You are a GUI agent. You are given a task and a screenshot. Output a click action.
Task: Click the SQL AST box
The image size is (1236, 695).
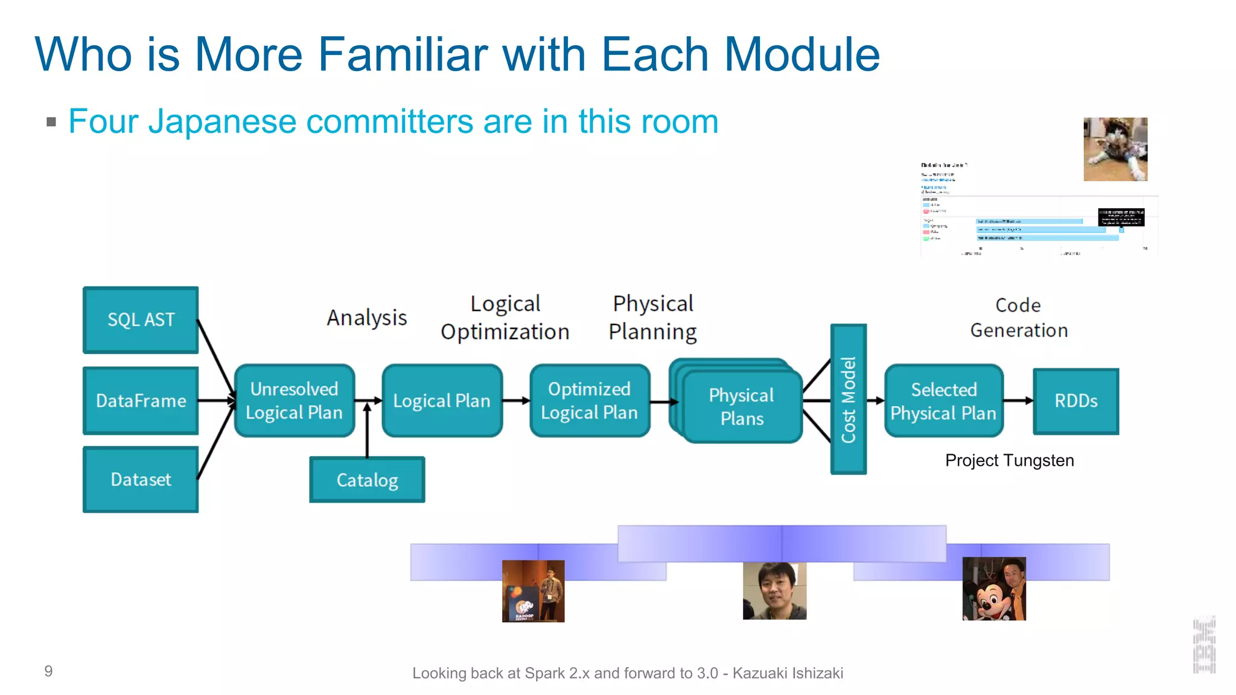[141, 320]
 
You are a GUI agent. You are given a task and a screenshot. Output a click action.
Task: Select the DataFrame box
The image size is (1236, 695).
[141, 401]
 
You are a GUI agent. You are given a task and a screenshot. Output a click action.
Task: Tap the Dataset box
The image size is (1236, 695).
[141, 480]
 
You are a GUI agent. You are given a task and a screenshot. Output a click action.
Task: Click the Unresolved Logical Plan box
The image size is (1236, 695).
[294, 401]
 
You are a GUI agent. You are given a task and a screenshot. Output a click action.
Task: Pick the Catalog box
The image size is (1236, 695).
[367, 480]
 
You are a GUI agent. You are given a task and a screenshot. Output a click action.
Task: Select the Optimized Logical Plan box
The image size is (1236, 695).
[589, 401]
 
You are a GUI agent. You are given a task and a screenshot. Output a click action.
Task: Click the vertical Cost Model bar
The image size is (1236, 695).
[849, 399]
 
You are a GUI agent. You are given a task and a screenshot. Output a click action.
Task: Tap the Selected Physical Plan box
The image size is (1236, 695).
[943, 401]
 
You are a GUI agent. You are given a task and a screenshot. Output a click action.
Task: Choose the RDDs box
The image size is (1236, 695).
[1075, 401]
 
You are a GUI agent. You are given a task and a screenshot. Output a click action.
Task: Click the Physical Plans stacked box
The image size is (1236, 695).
[742, 406]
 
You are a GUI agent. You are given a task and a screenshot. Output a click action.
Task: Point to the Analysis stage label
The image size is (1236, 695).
[367, 318]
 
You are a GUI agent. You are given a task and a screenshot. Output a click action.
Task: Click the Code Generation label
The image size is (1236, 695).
[1019, 318]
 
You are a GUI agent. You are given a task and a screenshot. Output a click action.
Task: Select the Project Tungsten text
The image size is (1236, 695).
[1009, 460]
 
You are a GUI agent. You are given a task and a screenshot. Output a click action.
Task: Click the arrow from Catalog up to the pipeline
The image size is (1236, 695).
[367, 431]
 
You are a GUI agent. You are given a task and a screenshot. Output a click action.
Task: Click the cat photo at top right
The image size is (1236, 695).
[1115, 149]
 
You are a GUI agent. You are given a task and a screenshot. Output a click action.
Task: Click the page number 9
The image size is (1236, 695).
[48, 671]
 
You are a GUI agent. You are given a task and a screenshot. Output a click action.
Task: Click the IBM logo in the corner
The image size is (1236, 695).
[1204, 646]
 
